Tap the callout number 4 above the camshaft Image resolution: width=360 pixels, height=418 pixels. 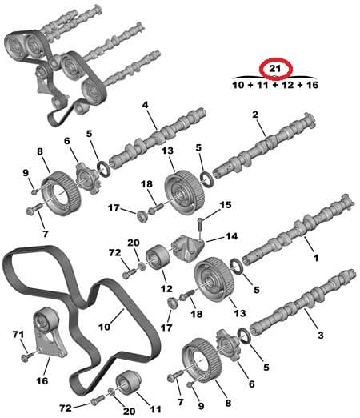click(x=145, y=105)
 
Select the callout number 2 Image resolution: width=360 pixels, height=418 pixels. click(x=255, y=115)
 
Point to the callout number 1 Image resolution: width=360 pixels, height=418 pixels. click(x=315, y=259)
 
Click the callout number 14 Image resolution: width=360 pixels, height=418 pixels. click(x=232, y=236)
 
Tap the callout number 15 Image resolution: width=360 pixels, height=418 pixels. click(x=225, y=206)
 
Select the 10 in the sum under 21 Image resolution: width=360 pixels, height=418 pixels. click(x=238, y=84)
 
